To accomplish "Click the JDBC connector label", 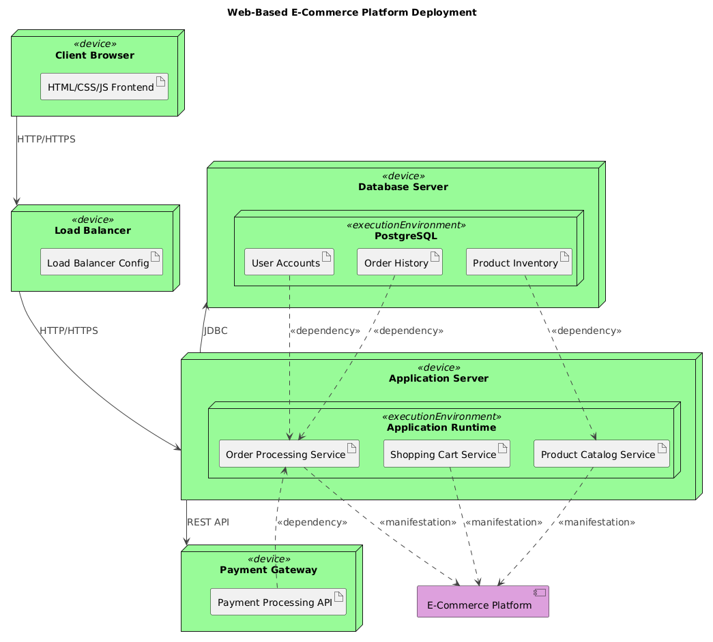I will point(216,331).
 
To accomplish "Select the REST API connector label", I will point(207,522).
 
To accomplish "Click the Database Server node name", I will point(403,187).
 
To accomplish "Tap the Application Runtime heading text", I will point(440,427).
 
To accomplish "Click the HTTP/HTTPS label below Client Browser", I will point(46,139).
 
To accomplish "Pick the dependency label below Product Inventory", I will point(585,331).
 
